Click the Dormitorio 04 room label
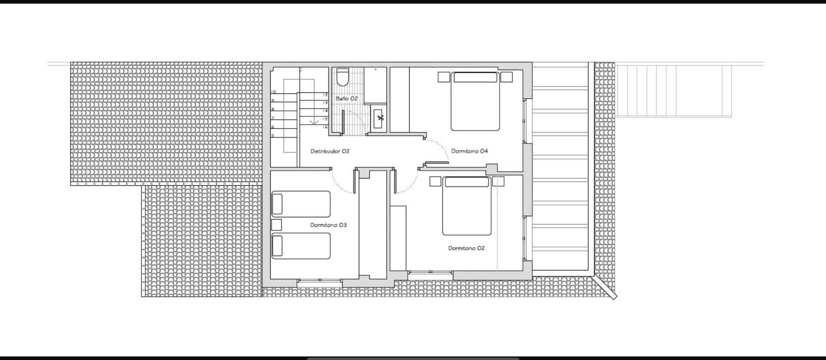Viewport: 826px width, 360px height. click(x=469, y=151)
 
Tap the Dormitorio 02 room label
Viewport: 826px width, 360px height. click(x=466, y=248)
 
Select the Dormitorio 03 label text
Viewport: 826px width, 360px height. click(x=328, y=225)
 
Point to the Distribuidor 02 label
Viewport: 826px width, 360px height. click(x=330, y=151)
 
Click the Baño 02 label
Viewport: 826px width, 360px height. click(x=347, y=98)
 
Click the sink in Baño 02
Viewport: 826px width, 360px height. click(x=379, y=118)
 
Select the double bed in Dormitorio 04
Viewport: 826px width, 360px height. click(x=475, y=102)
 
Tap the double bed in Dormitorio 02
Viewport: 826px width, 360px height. click(x=467, y=206)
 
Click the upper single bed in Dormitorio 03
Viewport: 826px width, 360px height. click(x=301, y=204)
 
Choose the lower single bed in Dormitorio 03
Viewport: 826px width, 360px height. click(x=301, y=246)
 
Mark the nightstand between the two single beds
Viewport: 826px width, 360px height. click(x=277, y=225)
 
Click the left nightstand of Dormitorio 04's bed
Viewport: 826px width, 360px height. click(x=444, y=77)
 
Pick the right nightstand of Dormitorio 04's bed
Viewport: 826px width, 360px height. click(x=507, y=77)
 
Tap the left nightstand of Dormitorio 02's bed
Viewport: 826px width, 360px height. click(x=435, y=181)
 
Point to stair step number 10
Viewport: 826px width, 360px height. click(x=273, y=92)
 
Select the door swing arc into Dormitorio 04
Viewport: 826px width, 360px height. click(x=441, y=148)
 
